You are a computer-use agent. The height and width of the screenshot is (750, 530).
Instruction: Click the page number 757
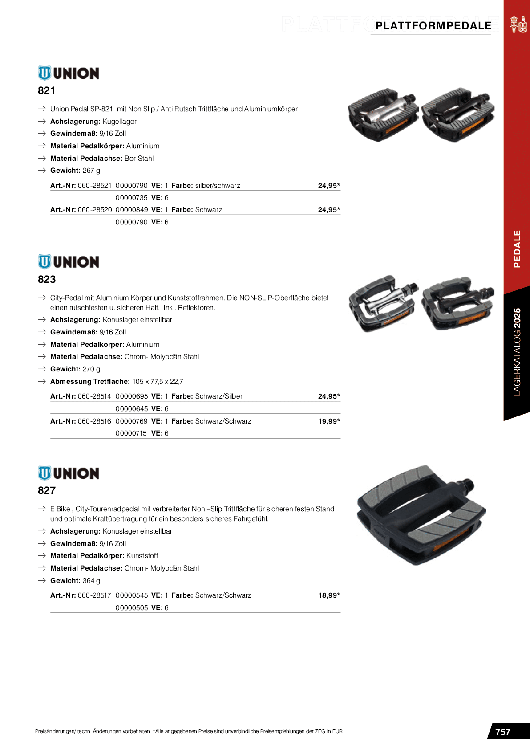tap(502, 732)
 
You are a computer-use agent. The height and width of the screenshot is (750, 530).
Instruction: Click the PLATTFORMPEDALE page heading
tap(433, 26)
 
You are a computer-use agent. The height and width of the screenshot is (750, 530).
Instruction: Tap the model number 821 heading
tap(46, 90)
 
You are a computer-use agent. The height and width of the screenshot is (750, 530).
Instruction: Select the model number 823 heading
tap(47, 279)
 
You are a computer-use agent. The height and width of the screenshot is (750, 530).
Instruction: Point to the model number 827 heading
tap(47, 490)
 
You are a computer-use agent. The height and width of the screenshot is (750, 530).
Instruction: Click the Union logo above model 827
tap(69, 473)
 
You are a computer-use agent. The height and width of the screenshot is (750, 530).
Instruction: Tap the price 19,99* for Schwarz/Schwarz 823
tap(329, 421)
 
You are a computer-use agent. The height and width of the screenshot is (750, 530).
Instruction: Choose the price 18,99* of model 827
tap(329, 595)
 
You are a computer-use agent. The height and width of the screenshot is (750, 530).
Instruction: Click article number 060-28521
tap(95, 185)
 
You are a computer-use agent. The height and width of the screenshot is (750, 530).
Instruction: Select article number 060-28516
tap(94, 421)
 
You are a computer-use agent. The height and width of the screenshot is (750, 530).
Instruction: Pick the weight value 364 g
tap(91, 580)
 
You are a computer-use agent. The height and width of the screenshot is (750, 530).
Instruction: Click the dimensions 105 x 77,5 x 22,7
tap(158, 381)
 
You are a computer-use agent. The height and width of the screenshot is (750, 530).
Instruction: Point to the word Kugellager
tap(119, 121)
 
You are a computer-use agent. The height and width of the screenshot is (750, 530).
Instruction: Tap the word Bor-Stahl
tap(139, 158)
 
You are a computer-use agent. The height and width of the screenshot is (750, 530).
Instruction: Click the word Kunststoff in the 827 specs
tap(142, 555)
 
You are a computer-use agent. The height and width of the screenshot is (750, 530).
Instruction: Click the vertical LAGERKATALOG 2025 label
tap(517, 352)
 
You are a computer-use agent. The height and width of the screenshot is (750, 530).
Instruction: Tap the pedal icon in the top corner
tap(518, 24)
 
